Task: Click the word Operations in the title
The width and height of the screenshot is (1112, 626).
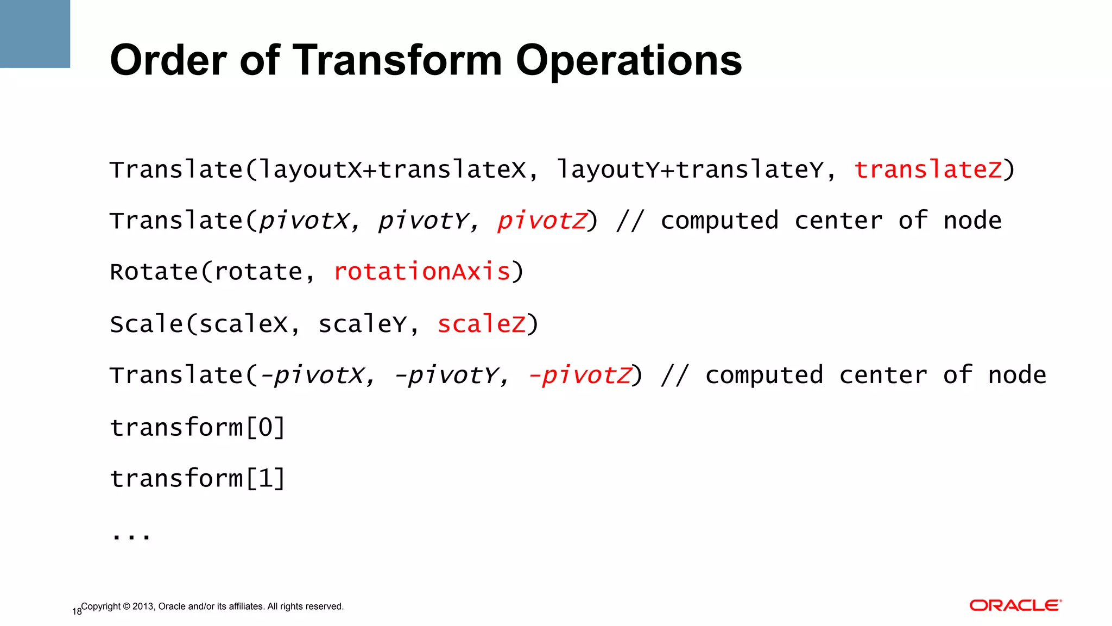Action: (x=628, y=60)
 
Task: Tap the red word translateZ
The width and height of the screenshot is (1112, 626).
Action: (x=928, y=170)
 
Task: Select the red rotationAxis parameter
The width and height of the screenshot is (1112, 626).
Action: (x=422, y=272)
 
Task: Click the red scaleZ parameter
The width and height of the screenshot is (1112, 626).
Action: (x=481, y=324)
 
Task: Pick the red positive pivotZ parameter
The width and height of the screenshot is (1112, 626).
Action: (x=542, y=221)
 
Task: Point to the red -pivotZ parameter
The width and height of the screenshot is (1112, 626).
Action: (x=580, y=375)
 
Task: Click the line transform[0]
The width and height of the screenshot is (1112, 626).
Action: (x=198, y=428)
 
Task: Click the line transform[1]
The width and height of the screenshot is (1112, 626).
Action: (x=198, y=479)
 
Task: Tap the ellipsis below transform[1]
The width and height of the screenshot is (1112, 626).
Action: (x=131, y=536)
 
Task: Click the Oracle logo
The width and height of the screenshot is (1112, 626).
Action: (x=1015, y=605)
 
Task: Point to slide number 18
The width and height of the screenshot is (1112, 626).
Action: (x=77, y=612)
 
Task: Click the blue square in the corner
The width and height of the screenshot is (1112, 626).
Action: (x=35, y=34)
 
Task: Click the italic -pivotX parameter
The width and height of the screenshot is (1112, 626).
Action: (x=314, y=375)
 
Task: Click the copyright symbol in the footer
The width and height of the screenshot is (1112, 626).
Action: (x=127, y=606)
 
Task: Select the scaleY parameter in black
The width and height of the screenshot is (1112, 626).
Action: (x=363, y=324)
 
